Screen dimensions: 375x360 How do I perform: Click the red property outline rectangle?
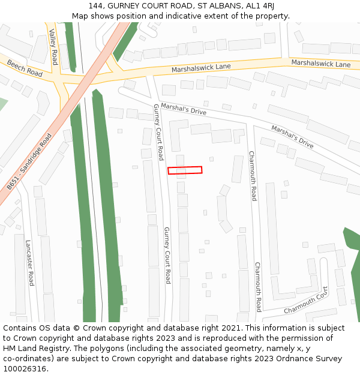click(185, 170)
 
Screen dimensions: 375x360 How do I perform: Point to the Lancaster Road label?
click(29, 263)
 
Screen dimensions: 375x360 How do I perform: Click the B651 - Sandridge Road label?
click(30, 162)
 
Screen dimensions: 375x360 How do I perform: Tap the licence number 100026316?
click(25, 369)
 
